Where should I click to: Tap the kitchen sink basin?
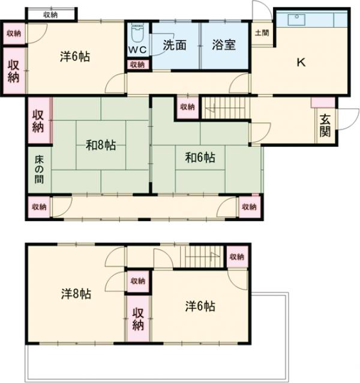tap(296, 20)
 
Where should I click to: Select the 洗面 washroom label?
tap(175, 45)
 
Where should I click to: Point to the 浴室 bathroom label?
tap(224, 45)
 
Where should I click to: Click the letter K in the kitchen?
tap(301, 62)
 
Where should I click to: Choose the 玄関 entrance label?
tap(325, 125)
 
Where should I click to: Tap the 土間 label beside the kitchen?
tap(262, 33)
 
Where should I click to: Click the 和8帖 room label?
tap(101, 145)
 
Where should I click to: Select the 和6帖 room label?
tap(200, 158)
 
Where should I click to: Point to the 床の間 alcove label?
tap(39, 170)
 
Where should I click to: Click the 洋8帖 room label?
tap(76, 294)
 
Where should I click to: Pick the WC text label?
tap(137, 50)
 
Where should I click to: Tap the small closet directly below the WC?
tap(137, 65)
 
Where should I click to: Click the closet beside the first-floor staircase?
tap(188, 107)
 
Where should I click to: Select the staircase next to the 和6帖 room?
tap(226, 108)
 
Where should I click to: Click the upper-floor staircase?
tap(202, 257)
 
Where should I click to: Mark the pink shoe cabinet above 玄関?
tap(323, 102)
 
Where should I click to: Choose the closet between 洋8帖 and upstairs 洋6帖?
tap(138, 318)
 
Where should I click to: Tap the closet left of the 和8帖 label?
tap(39, 120)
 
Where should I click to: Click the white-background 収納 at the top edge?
tap(50, 14)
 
